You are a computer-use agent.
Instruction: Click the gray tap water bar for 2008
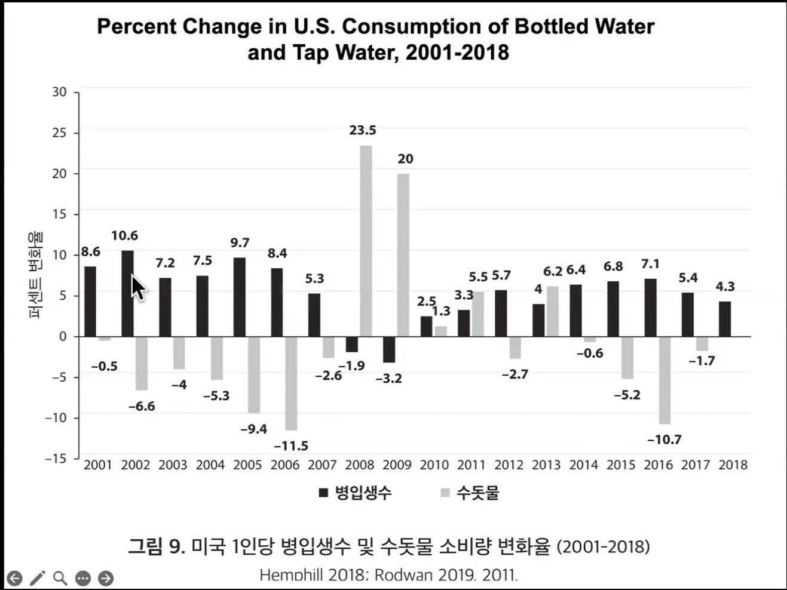[366, 241]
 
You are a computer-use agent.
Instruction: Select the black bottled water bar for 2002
[128, 293]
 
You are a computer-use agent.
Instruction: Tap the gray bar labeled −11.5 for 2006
[291, 383]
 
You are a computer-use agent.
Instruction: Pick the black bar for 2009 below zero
[389, 350]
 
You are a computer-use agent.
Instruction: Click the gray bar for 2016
[664, 380]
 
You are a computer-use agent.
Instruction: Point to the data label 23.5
[363, 130]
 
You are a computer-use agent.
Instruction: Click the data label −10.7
[664, 440]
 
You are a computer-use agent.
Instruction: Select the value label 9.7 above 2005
[240, 243]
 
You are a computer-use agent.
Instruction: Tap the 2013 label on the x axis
[546, 465]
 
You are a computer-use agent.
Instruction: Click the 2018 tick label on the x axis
[733, 465]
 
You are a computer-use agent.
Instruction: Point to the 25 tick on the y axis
[59, 133]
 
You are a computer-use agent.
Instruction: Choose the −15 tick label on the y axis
[56, 459]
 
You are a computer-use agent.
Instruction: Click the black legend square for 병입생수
[323, 493]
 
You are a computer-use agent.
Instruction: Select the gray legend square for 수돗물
[445, 493]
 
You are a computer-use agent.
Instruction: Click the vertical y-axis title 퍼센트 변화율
[35, 275]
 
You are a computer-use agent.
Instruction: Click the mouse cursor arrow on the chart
[139, 287]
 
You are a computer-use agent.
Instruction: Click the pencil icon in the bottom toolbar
[38, 578]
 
